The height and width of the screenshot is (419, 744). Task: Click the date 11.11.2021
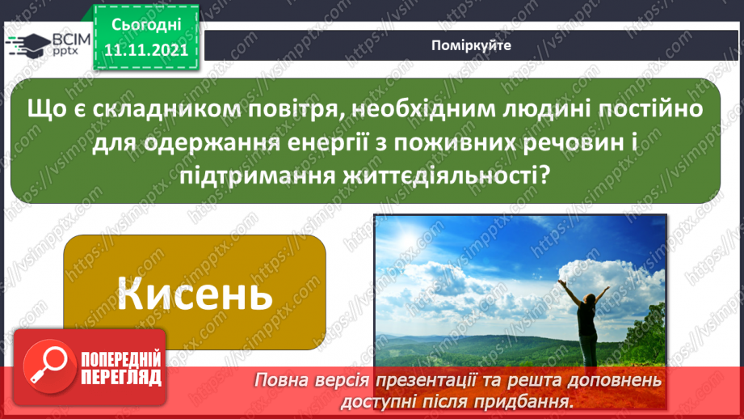point(145,48)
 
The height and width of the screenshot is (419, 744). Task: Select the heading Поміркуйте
point(471,45)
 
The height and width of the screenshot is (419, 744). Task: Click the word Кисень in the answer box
point(195,293)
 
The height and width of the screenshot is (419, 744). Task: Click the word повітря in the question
point(299,108)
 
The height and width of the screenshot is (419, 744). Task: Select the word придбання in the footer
point(531,400)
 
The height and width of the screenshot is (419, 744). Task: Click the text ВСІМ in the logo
point(69,40)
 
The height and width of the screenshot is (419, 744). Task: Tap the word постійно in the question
point(654,108)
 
